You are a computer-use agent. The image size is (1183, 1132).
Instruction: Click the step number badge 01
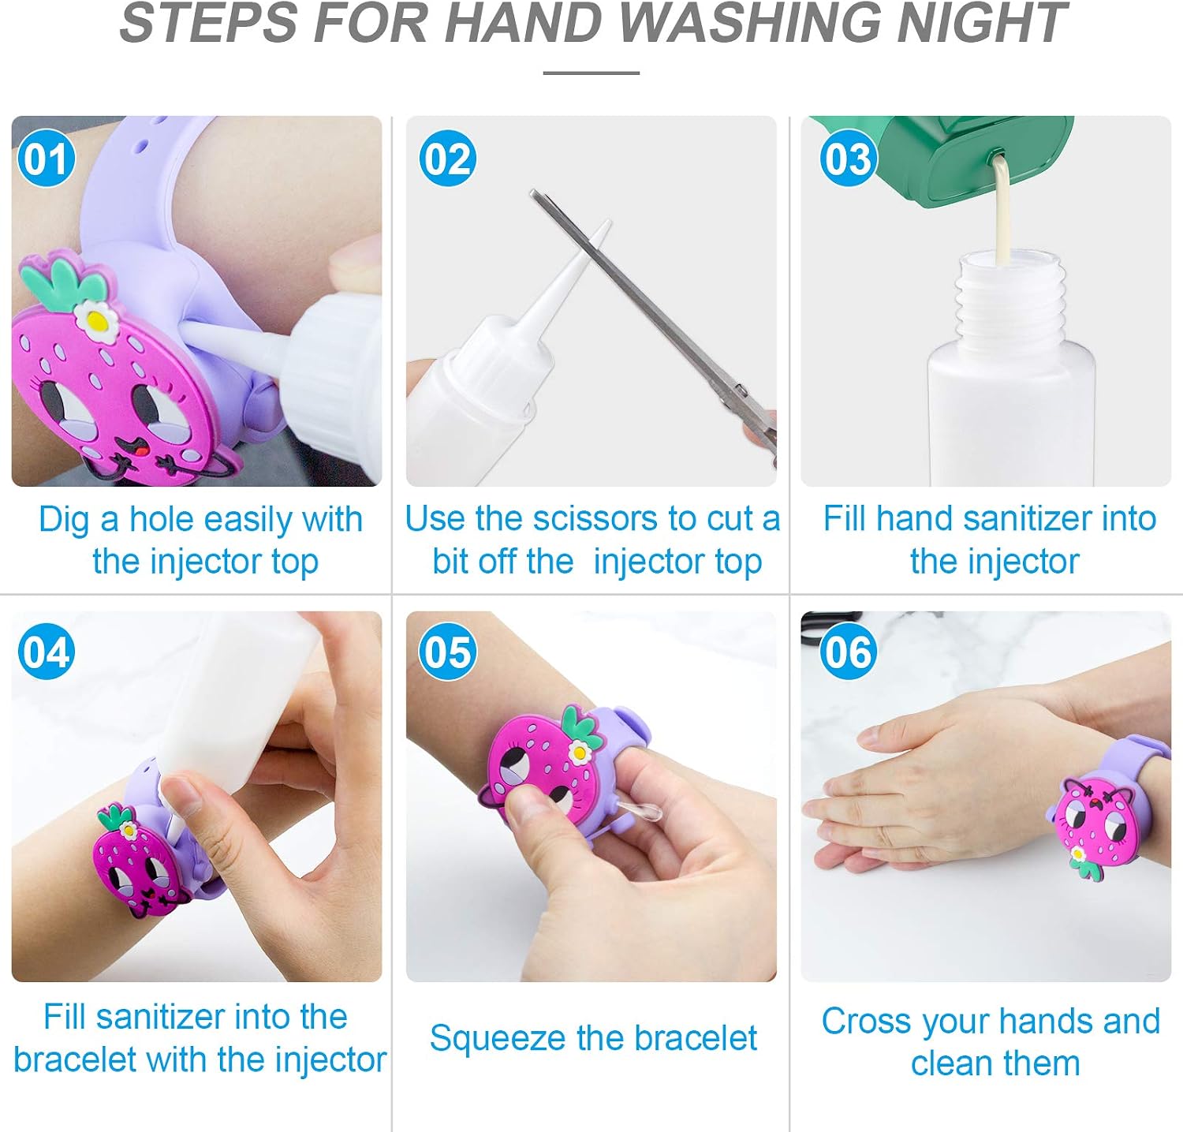pyautogui.click(x=47, y=159)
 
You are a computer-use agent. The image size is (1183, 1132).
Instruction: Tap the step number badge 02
pyautogui.click(x=448, y=159)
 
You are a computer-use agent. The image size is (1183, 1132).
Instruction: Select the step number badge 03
pyautogui.click(x=849, y=159)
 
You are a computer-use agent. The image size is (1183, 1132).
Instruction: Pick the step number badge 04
pyautogui.click(x=47, y=652)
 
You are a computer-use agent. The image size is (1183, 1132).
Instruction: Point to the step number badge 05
pyautogui.click(x=448, y=652)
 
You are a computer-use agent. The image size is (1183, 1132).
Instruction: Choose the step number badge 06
pyautogui.click(x=849, y=652)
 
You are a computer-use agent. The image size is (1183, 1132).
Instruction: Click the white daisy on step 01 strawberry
pyautogui.click(x=96, y=319)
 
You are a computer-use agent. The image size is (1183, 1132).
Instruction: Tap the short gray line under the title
pyautogui.click(x=591, y=73)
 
